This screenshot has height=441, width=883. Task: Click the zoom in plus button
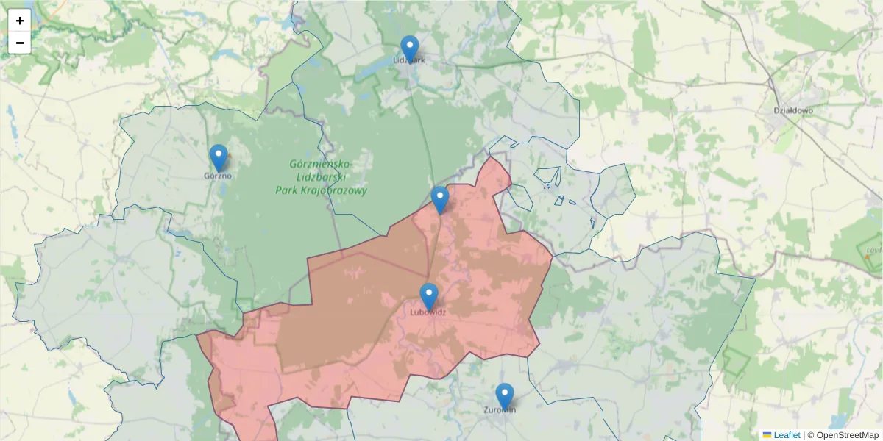(20, 21)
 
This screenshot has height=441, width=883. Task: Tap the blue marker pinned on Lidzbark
(409, 49)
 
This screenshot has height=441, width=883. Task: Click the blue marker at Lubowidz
(429, 296)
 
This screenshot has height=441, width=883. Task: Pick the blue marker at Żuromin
(504, 396)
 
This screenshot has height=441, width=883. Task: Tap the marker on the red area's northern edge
(440, 199)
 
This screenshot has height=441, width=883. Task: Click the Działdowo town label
(792, 111)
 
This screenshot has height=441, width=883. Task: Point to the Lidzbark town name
(409, 60)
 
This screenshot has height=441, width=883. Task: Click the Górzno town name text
(218, 176)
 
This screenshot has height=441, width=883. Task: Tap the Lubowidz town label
(428, 312)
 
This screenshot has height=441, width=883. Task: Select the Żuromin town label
(500, 409)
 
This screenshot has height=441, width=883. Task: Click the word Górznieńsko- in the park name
(320, 164)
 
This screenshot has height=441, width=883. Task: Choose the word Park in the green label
(287, 190)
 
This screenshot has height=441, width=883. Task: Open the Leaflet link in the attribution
(787, 435)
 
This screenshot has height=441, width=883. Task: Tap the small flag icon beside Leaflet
(767, 435)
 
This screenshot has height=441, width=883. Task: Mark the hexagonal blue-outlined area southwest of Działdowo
(612, 191)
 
